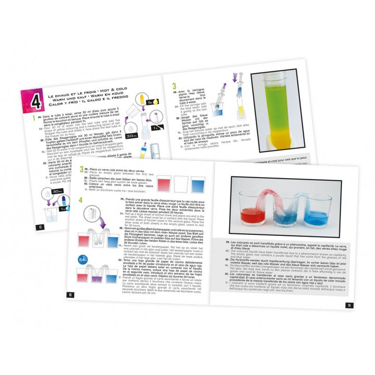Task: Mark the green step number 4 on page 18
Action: click(81, 200)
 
